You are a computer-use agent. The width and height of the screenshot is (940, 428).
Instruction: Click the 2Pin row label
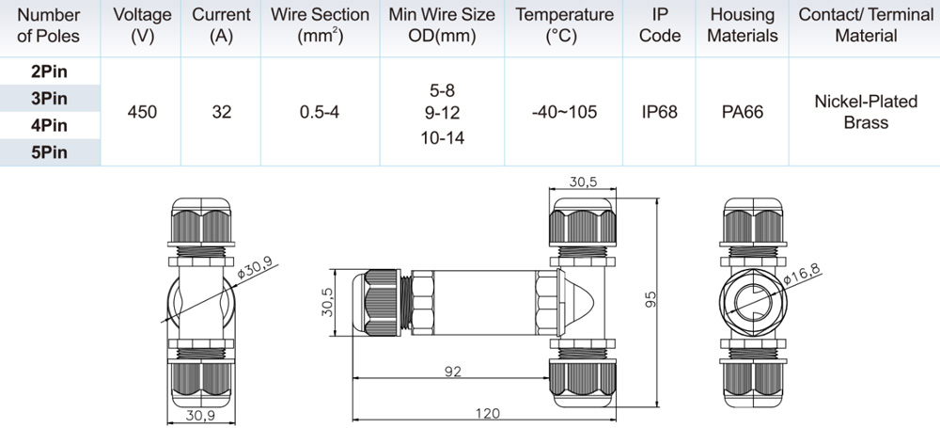[49, 71]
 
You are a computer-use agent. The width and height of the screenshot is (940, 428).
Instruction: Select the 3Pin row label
[49, 99]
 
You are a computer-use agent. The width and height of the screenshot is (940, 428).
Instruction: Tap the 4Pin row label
[49, 125]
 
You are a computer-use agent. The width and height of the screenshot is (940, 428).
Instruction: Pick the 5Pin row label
[49, 152]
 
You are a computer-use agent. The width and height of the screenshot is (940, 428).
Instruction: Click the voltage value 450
[142, 112]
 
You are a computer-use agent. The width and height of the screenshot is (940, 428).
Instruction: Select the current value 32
[221, 112]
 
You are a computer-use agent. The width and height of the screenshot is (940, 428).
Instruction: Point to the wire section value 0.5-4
[320, 112]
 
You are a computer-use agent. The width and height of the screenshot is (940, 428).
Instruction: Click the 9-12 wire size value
[442, 112]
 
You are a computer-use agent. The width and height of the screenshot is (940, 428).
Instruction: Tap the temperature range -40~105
[564, 112]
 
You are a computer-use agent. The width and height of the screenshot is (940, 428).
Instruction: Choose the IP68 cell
[659, 112]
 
